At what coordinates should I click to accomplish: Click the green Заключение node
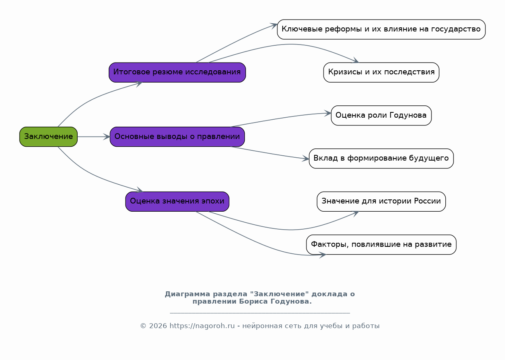coord(48,136)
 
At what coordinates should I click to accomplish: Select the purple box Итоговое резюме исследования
coord(177,72)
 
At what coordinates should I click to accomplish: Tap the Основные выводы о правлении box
coord(177,136)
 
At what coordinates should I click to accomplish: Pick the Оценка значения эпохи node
coord(177,201)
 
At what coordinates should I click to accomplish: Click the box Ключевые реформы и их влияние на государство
coord(381,29)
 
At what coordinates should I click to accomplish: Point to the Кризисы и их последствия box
coord(381,72)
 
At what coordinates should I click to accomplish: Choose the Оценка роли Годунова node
coord(381,115)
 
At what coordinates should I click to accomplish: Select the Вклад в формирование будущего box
coord(381,159)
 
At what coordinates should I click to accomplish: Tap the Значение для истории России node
coord(381,201)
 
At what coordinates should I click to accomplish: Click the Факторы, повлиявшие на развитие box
coord(381,244)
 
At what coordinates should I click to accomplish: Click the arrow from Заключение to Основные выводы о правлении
coord(93,136)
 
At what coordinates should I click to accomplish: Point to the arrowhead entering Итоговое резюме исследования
coord(139,83)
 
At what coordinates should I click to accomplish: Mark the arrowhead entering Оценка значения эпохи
coord(139,190)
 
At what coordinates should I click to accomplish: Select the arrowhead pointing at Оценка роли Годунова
coord(328,113)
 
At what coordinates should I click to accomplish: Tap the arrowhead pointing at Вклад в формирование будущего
coord(306,159)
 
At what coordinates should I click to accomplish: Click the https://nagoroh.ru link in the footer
coord(202,326)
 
